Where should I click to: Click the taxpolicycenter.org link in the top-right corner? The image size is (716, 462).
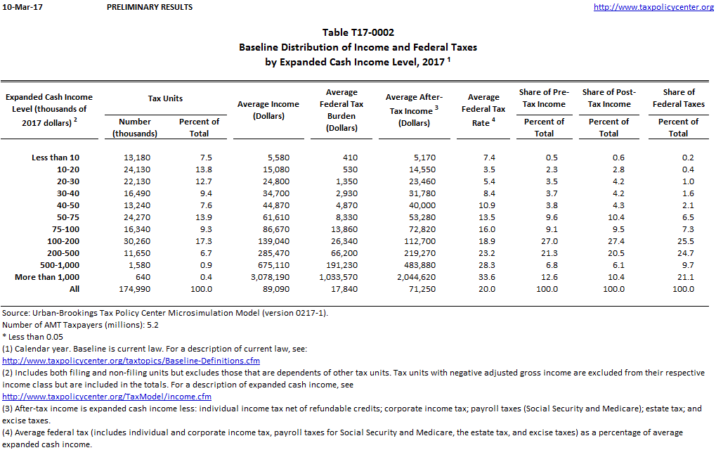pos(653,7)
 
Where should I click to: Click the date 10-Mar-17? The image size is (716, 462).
pos(20,7)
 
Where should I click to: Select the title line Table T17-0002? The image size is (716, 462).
pos(358,32)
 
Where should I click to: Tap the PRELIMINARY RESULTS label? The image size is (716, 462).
pos(150,7)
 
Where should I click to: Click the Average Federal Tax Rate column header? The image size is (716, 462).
pos(483,109)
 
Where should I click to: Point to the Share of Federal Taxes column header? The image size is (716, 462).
pos(678,98)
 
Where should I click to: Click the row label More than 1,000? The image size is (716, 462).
pos(47,277)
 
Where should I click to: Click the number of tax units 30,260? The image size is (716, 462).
pos(136,241)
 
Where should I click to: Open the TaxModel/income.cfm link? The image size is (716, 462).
pos(107,397)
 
